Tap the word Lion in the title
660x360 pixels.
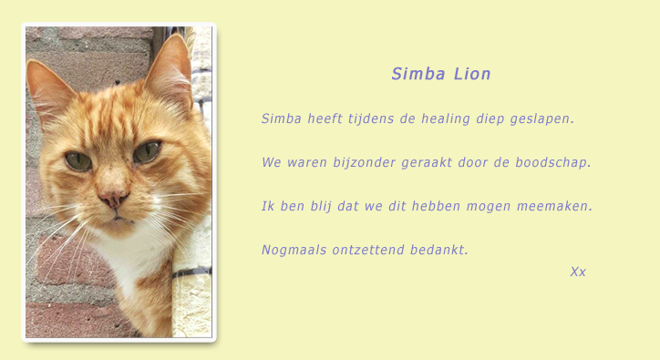click(x=472, y=75)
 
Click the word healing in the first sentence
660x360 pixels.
click(x=447, y=118)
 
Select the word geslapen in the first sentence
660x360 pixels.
click(x=542, y=118)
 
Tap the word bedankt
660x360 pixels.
click(x=439, y=250)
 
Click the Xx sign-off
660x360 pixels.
click(x=578, y=272)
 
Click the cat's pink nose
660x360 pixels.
click(x=113, y=198)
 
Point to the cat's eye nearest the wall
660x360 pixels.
click(x=78, y=161)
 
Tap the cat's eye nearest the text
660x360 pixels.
click(x=147, y=151)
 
